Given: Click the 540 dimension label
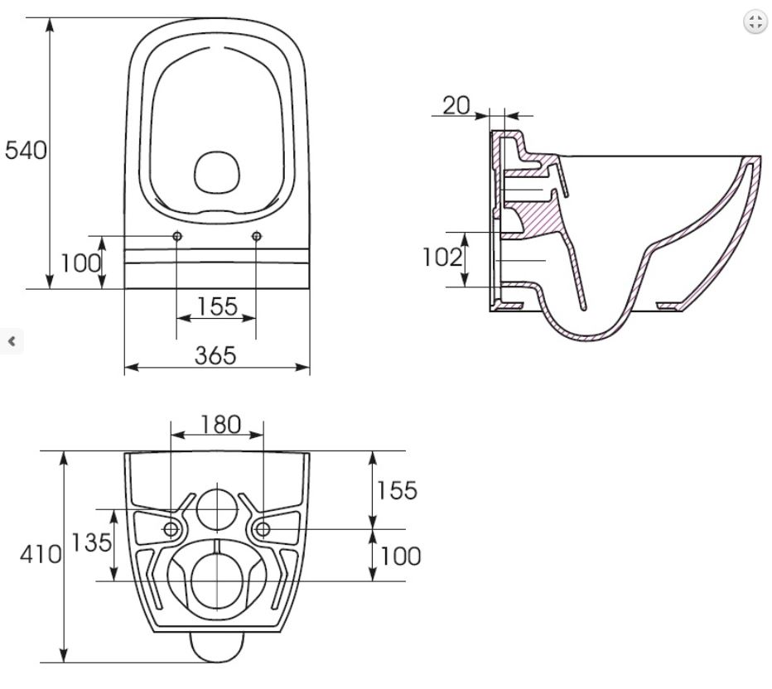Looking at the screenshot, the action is tap(26, 150).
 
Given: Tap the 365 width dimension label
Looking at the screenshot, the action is tap(215, 355).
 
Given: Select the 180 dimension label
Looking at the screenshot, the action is tap(221, 425).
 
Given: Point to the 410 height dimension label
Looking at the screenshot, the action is tap(41, 555).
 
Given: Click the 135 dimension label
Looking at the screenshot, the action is tap(92, 542).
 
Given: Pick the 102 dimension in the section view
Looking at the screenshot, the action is tap(442, 257).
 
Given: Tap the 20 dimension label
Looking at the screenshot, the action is tap(456, 105).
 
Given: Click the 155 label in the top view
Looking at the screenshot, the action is tap(217, 306).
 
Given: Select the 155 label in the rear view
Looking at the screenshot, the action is tap(397, 490).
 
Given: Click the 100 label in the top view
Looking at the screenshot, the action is tap(80, 263).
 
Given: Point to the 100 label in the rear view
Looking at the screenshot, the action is tap(400, 556).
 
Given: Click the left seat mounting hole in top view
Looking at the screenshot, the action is tap(177, 236).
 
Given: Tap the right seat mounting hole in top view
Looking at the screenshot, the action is tap(256, 236).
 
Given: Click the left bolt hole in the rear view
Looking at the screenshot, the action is tap(171, 529).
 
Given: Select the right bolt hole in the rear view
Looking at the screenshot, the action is tap(263, 529).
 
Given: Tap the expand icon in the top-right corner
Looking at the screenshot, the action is tap(755, 22).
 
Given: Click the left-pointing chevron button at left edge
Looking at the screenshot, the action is tap(12, 340).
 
